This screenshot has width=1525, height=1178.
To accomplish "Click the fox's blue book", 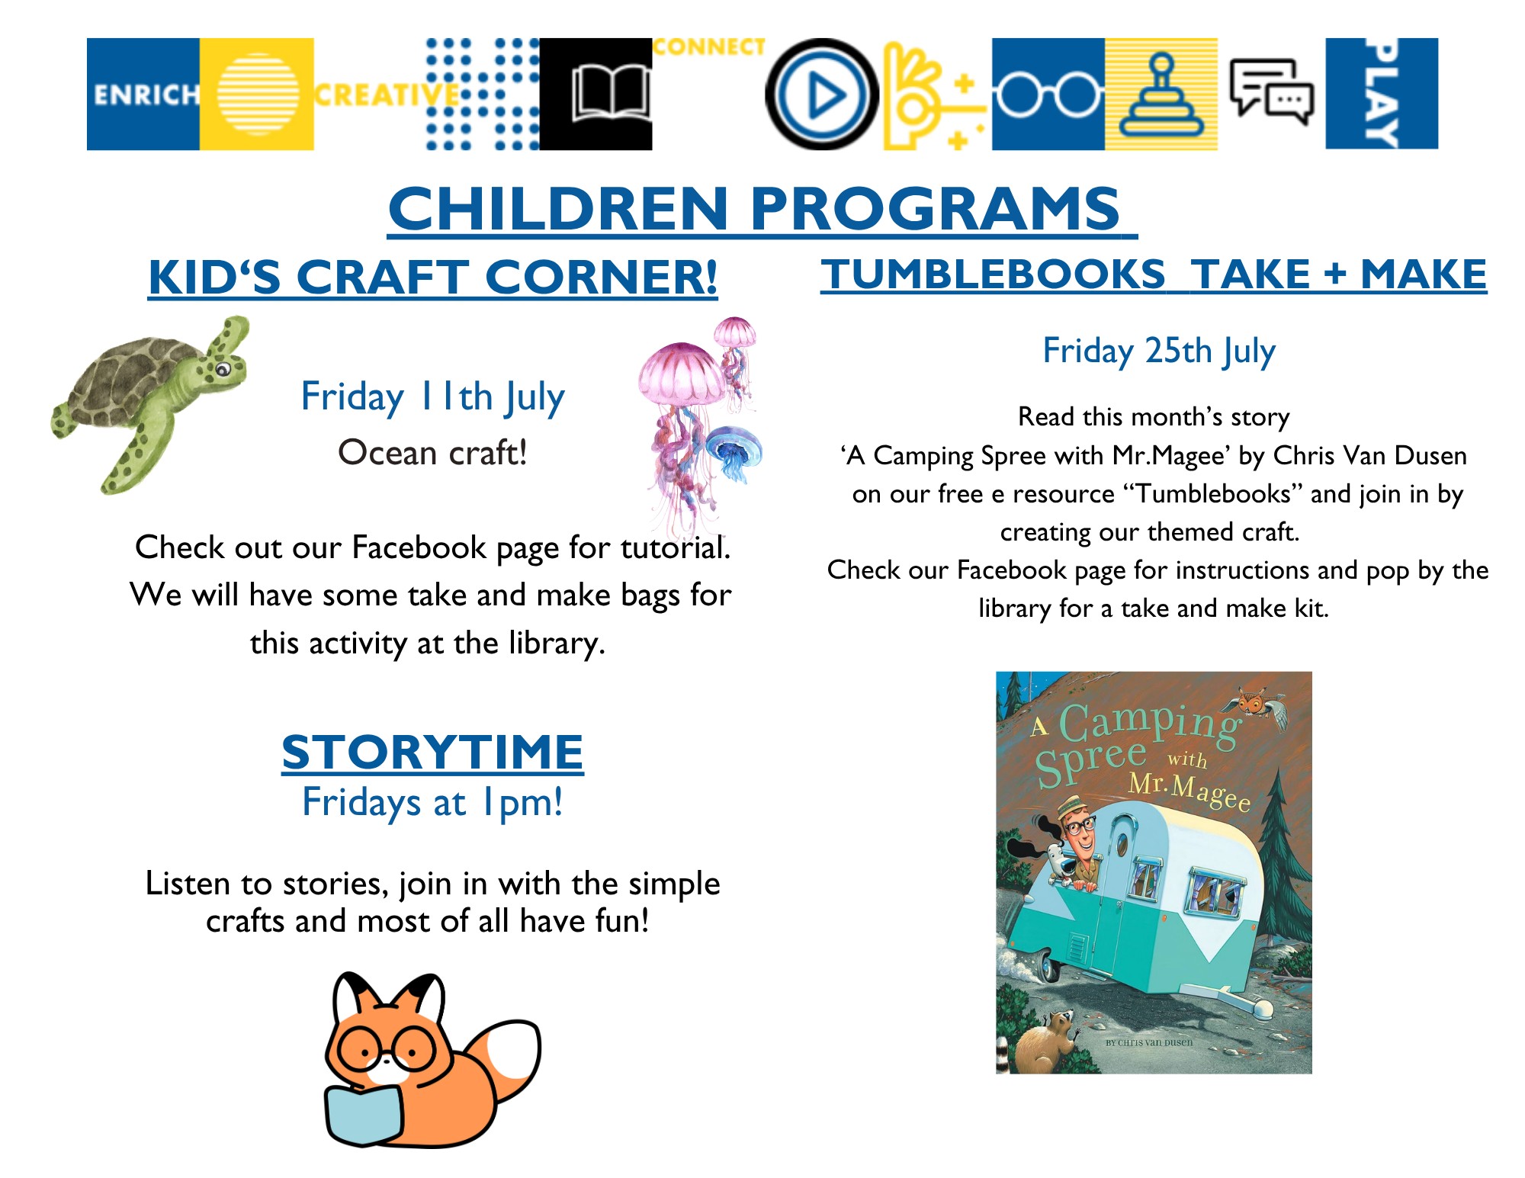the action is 364,1115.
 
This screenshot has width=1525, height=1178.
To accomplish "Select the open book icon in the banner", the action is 611,93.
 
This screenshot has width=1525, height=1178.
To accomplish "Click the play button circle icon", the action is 821,94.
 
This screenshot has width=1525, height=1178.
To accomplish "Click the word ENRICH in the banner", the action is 146,95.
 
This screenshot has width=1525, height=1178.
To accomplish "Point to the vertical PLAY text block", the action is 1382,93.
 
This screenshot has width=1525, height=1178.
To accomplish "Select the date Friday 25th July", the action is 1159,351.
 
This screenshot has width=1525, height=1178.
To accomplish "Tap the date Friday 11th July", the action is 433,397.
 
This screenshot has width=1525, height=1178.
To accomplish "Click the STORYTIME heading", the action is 432,753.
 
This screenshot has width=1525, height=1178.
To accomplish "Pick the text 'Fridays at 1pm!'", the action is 432,803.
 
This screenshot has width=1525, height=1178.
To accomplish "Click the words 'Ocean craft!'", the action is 432,453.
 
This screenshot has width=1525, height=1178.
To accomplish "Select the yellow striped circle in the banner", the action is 258,94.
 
